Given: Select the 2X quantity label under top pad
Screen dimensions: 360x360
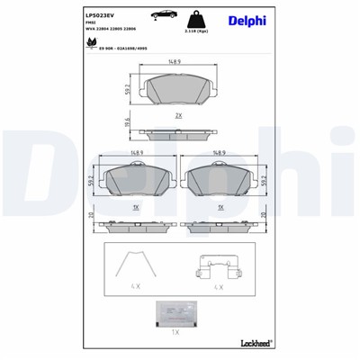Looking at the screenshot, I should coord(179,116).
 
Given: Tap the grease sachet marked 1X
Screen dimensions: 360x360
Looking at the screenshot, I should coord(178,310).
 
